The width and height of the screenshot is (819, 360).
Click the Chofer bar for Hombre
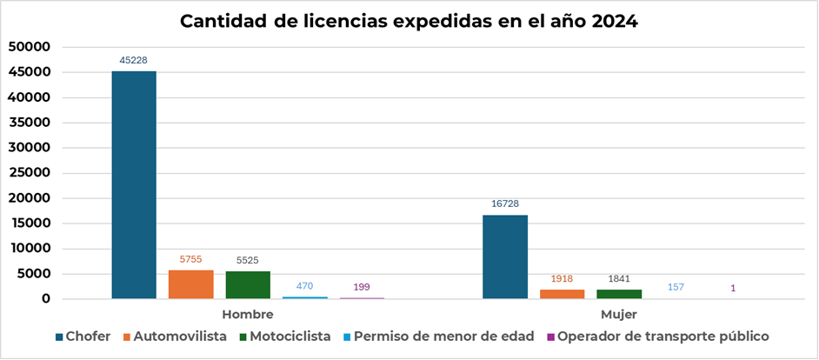[134, 184]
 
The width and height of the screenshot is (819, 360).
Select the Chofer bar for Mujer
[505, 257]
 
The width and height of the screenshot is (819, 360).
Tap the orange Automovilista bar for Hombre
[190, 284]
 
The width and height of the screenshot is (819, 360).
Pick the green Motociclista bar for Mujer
[619, 294]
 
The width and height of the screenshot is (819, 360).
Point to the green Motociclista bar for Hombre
[248, 285]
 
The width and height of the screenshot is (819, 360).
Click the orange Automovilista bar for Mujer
[562, 294]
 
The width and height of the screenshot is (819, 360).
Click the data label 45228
[135, 60]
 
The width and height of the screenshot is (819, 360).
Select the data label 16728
[505, 203]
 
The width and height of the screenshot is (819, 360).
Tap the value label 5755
[191, 259]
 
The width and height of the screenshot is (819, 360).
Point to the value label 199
[362, 286]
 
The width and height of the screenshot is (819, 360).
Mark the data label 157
[676, 287]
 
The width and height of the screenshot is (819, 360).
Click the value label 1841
[619, 278]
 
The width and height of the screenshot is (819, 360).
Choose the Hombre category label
[248, 314]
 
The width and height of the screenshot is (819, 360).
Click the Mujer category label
[618, 314]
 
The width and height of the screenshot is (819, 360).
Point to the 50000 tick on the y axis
[30, 46]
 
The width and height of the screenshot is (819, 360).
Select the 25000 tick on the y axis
[30, 172]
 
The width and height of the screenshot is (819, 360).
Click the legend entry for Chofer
[83, 336]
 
